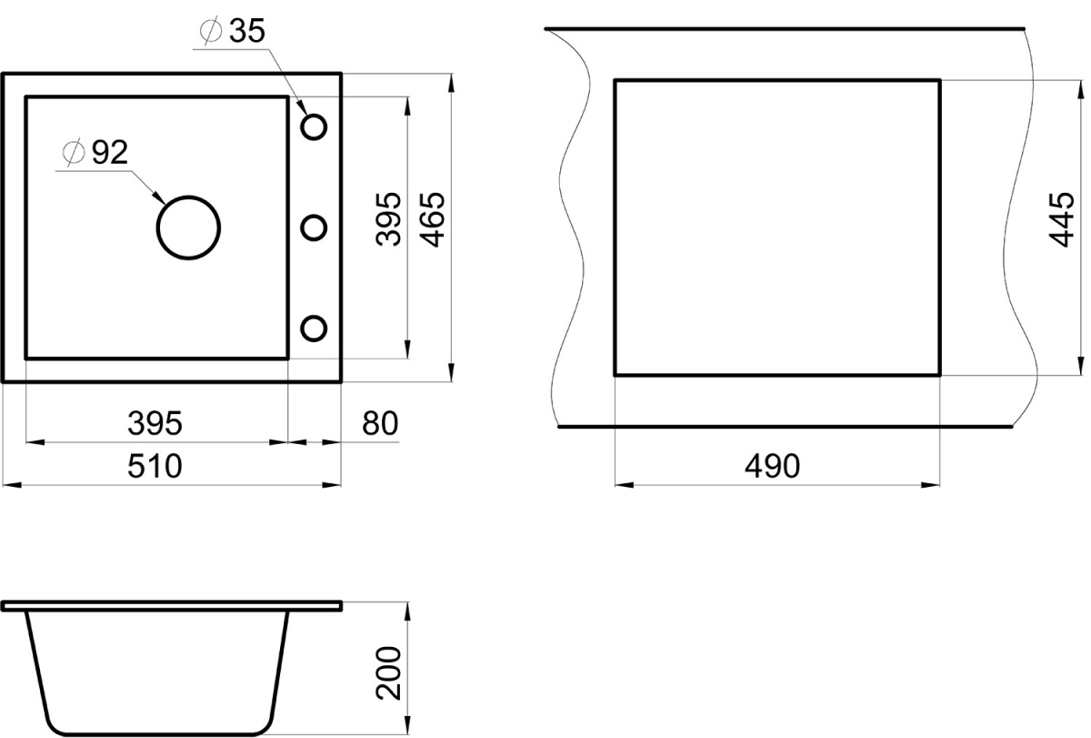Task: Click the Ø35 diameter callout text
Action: click(x=233, y=31)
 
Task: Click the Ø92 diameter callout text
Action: click(x=95, y=153)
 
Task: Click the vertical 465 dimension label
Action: click(x=432, y=219)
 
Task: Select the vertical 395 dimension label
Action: click(x=389, y=219)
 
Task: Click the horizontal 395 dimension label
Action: click(x=155, y=423)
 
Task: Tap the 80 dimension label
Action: click(x=380, y=423)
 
